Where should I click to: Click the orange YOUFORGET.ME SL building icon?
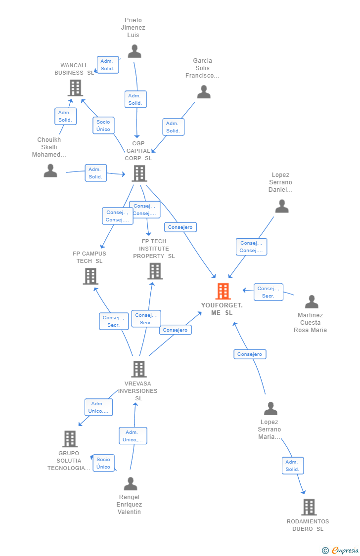tap(223, 291)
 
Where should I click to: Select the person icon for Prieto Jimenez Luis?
tap(135, 51)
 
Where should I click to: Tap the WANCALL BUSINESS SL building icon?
tap(75, 88)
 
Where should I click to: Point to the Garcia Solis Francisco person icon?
tap(204, 92)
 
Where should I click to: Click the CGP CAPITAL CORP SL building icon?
tap(139, 173)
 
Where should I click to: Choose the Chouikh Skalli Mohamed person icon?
tap(50, 171)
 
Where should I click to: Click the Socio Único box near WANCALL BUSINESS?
tap(103, 126)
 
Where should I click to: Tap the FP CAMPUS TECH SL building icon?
tap(90, 276)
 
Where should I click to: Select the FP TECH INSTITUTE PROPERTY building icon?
tap(155, 271)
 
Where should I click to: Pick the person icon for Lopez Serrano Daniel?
tap(282, 206)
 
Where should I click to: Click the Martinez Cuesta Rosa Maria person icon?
tap(312, 301)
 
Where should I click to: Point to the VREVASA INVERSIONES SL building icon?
tap(139, 369)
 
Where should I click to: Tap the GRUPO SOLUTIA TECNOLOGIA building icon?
tap(70, 439)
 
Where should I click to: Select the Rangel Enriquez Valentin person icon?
tap(131, 484)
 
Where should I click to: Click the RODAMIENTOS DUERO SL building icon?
tap(309, 507)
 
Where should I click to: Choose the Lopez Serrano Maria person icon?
tap(270, 409)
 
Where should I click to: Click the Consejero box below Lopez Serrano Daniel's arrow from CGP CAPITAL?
tap(180, 227)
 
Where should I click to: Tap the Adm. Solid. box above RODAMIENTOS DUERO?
tap(293, 466)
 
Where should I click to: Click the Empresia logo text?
tap(345, 551)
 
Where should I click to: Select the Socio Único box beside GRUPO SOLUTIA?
tap(103, 463)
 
